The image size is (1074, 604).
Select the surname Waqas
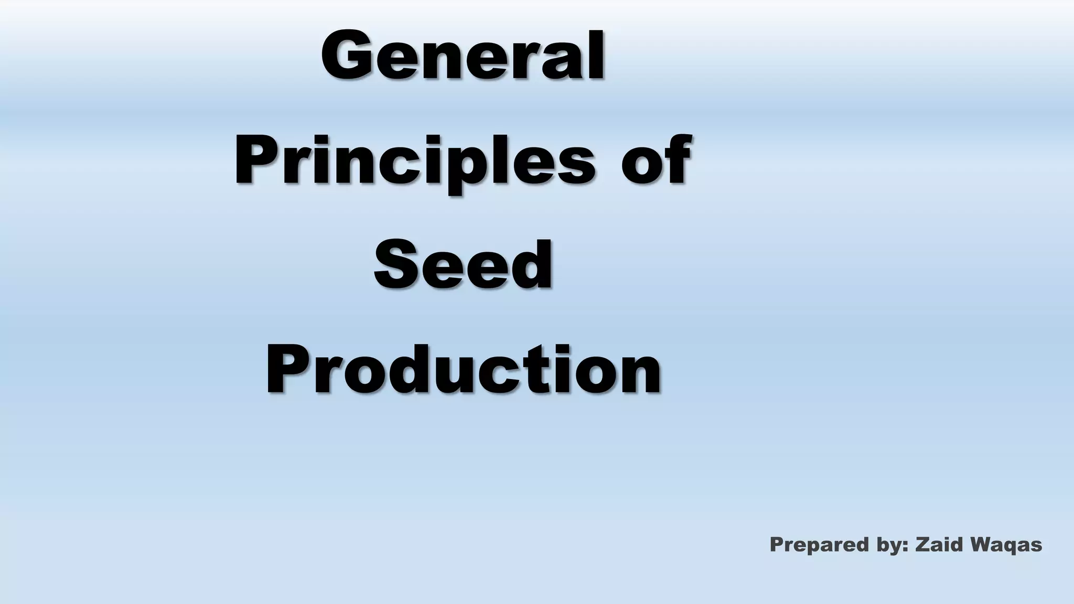[1006, 545]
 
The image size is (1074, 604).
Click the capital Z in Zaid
[922, 544]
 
